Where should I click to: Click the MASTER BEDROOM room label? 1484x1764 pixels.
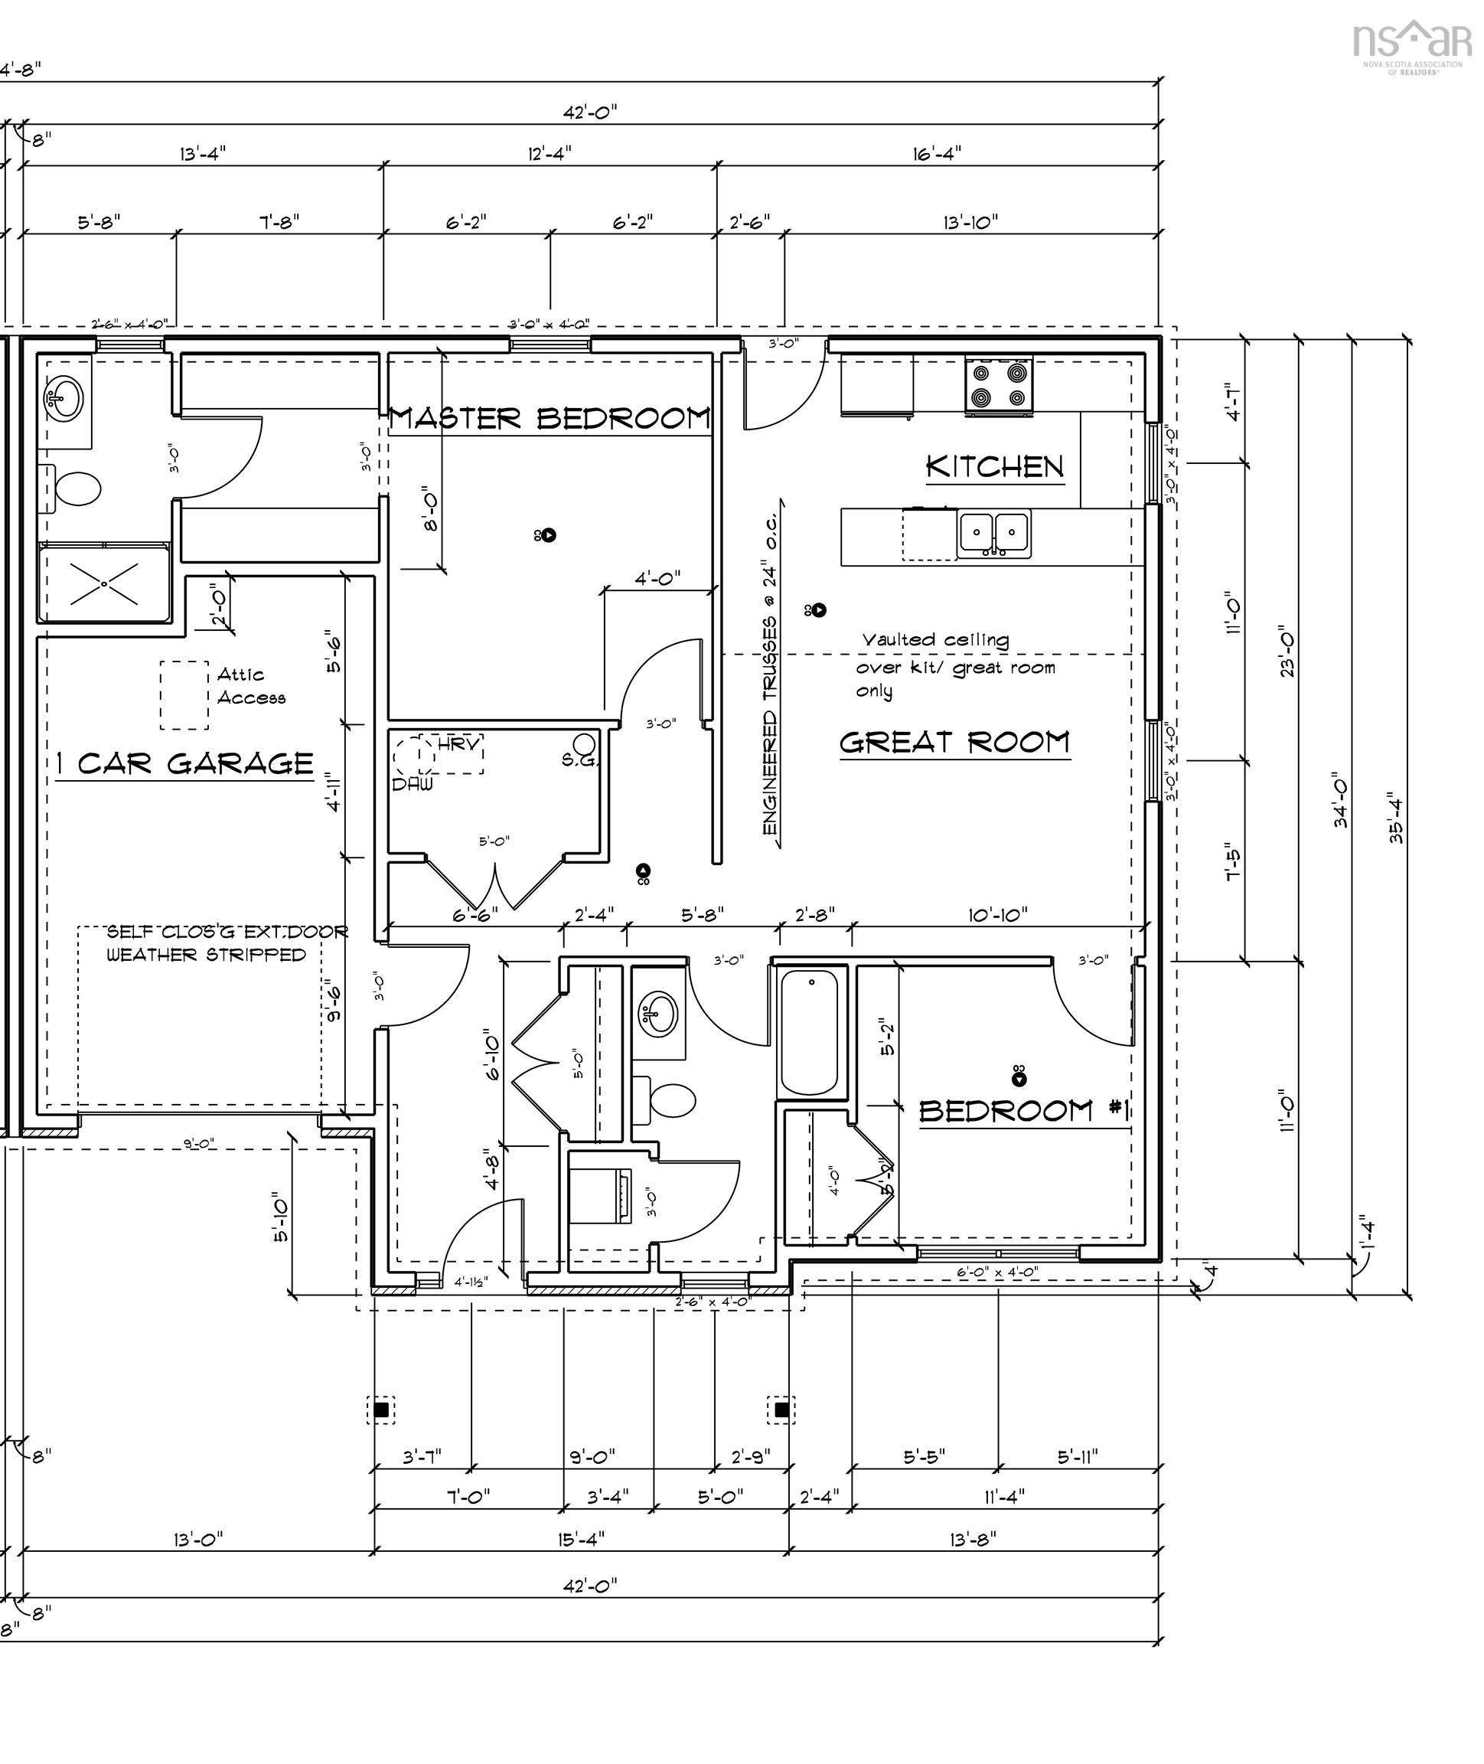pos(550,418)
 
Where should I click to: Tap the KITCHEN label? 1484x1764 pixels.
pos(994,466)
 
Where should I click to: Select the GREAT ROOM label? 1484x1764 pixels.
pos(954,743)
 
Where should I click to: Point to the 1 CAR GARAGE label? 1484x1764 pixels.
pos(185,763)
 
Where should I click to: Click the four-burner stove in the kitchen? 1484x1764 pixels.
pos(999,384)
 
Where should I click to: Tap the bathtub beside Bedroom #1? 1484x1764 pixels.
pos(809,1032)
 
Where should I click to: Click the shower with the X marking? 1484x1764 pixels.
pos(104,583)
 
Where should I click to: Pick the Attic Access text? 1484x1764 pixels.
pos(250,686)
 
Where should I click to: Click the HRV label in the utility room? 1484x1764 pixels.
pos(459,744)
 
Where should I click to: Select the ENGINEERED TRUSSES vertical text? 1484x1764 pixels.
pos(770,673)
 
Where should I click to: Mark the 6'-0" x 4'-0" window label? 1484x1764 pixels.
pos(997,1272)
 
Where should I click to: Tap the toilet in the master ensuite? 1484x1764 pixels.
pos(73,488)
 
